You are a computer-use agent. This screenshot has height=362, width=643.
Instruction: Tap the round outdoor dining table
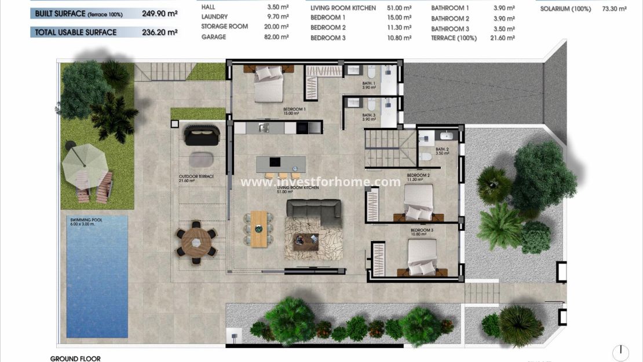click(x=196, y=242)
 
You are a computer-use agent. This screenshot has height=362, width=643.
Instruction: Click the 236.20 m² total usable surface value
click(x=160, y=33)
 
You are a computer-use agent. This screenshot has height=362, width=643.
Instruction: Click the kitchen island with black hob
click(x=279, y=164)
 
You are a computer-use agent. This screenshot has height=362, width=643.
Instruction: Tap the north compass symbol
click(x=620, y=352)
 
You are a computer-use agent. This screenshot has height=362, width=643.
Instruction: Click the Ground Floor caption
click(x=75, y=359)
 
